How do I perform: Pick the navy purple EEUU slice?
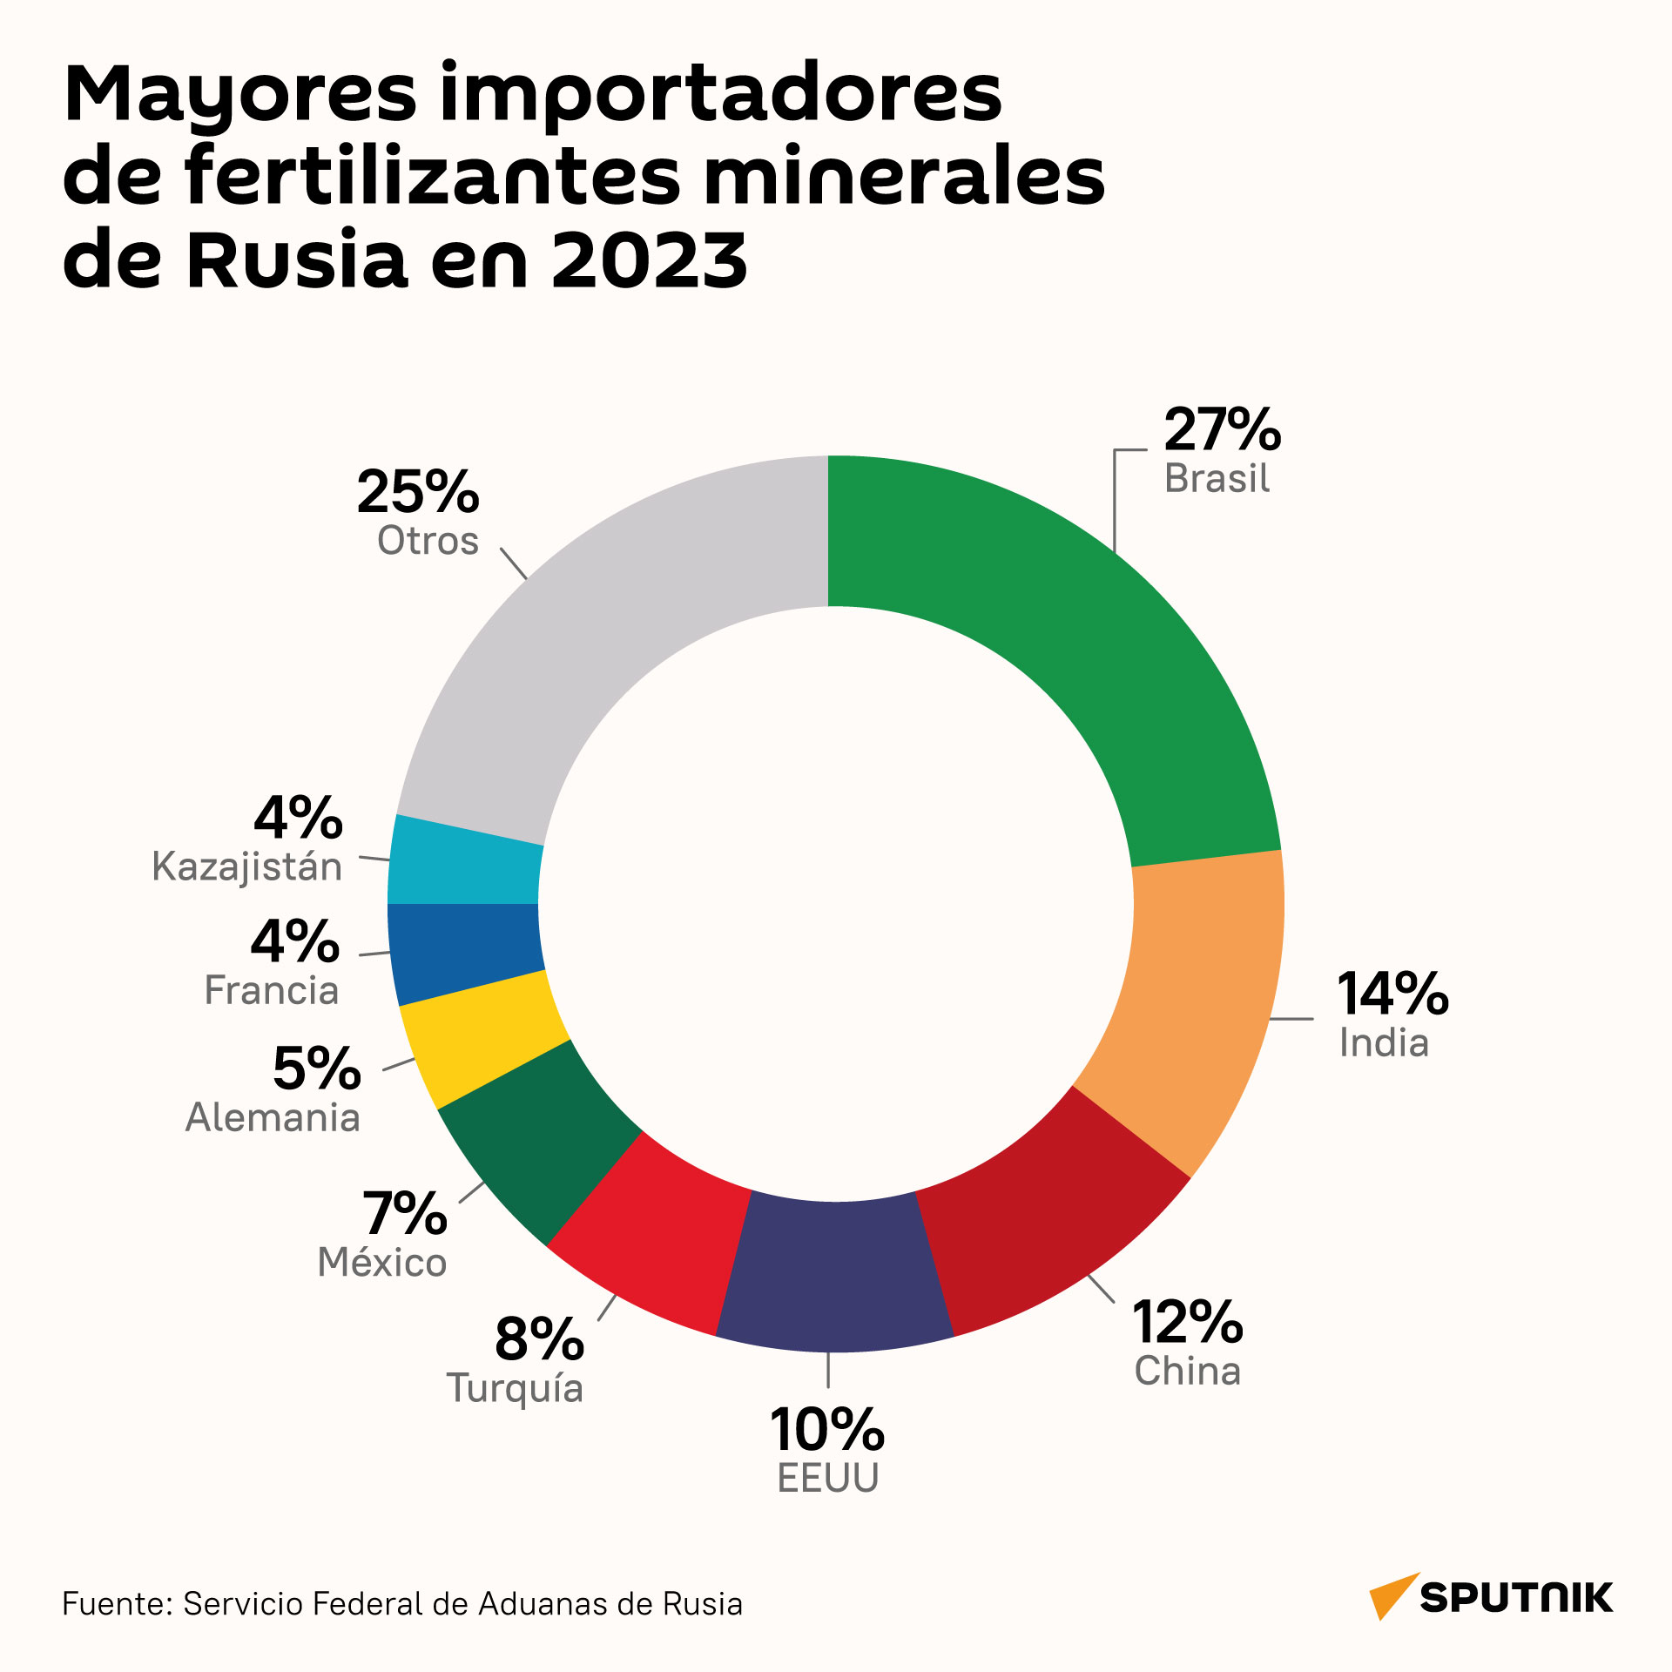click(x=834, y=1276)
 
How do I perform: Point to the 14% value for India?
click(x=1393, y=994)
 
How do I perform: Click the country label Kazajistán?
click(x=247, y=867)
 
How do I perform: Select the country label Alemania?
click(x=273, y=1117)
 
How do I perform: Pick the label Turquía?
click(x=515, y=1388)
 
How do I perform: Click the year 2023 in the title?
click(x=650, y=259)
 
